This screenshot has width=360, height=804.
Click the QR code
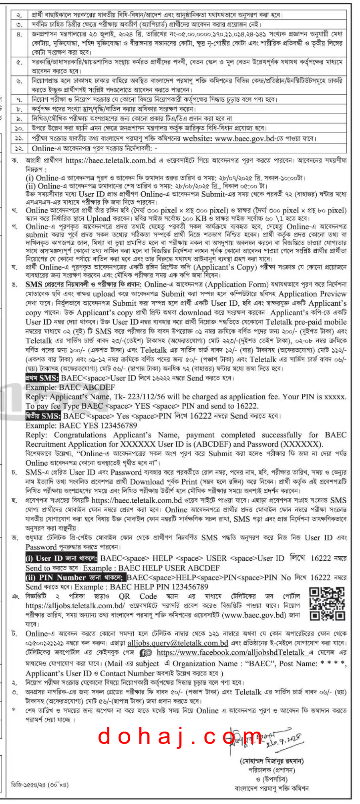(327, 604)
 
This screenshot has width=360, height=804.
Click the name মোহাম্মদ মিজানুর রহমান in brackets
(271, 760)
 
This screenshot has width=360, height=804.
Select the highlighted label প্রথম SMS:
(42, 378)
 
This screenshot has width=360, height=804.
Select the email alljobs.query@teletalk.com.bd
(178, 643)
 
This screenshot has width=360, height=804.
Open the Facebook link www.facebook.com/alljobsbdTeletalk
(231, 653)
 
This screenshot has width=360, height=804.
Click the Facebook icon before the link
(146, 653)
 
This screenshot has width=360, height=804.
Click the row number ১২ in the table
(20, 148)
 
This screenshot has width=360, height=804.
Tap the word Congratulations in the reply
(80, 435)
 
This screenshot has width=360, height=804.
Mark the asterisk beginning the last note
(14, 710)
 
